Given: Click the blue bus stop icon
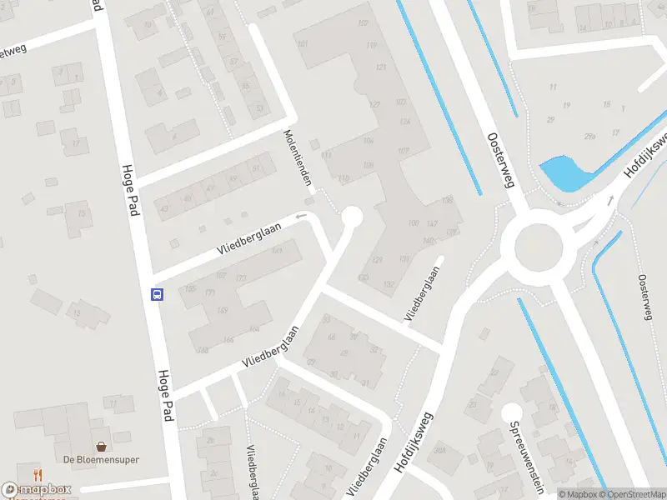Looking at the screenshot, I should (156, 293).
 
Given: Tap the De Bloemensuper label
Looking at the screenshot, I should (101, 459).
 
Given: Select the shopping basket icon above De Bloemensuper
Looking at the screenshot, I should (101, 445).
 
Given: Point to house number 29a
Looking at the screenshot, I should (589, 137).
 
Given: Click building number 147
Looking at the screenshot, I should (431, 224).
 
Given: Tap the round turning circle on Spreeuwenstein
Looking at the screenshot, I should (511, 412).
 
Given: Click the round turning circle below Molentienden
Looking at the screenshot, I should (351, 217).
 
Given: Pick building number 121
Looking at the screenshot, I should (382, 67).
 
